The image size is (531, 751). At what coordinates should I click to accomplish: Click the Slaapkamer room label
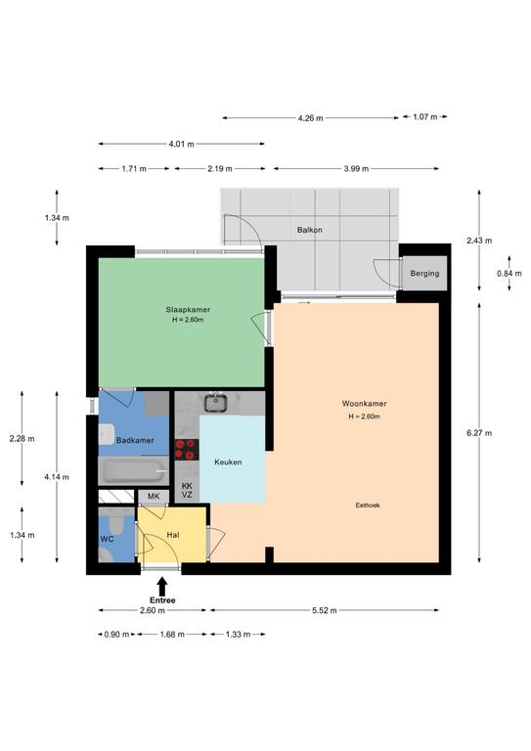point(188,309)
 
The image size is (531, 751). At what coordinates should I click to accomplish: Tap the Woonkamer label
point(364,403)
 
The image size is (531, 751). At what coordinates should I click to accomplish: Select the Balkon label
point(309,230)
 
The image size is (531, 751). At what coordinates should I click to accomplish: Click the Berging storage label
point(424,273)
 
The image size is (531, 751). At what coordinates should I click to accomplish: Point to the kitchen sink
point(215,402)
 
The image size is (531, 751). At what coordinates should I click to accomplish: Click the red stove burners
point(186,449)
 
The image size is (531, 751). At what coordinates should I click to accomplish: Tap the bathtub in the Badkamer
point(133,470)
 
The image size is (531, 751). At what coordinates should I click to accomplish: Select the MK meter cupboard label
point(154,496)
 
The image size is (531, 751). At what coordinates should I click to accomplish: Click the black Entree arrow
point(162,587)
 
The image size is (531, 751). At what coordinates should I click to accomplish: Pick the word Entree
point(162,600)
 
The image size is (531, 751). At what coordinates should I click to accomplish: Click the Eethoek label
point(368,505)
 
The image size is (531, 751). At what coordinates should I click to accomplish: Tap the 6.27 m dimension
point(479,433)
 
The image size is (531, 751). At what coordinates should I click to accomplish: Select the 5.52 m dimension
point(324,610)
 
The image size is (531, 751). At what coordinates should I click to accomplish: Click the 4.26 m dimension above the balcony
point(310,117)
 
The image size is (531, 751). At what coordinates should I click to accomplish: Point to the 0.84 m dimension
point(509,273)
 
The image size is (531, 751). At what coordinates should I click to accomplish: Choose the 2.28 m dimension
point(22,438)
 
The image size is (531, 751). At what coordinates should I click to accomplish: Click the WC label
point(107,539)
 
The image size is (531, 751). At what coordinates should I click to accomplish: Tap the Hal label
point(173,535)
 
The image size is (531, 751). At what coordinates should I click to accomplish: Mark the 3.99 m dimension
point(356,168)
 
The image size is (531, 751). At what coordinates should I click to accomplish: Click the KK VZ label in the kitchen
point(187,491)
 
